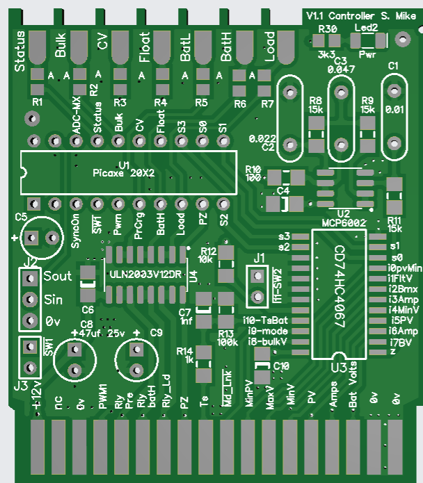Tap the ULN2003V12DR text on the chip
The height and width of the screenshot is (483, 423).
(x=144, y=273)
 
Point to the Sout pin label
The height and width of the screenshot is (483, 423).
(x=57, y=276)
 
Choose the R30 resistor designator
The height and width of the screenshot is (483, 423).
(x=327, y=28)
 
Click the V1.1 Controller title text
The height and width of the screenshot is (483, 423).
(x=340, y=15)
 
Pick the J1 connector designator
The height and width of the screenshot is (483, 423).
(x=259, y=258)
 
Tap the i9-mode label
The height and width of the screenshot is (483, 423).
(x=264, y=331)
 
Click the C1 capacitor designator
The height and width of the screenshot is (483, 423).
(x=394, y=65)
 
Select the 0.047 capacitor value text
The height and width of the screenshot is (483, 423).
(x=341, y=69)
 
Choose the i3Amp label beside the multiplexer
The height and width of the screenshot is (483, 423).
(x=404, y=297)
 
